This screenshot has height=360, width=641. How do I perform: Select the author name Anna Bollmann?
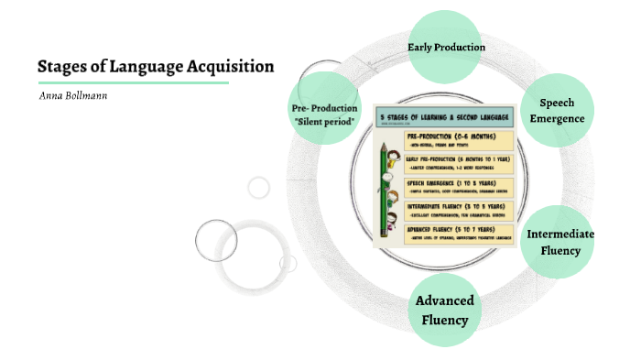point(74,94)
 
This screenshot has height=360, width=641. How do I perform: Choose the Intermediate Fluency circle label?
point(560,242)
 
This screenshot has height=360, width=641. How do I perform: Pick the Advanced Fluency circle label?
point(444,311)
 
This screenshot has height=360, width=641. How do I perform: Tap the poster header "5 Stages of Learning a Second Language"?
point(445,118)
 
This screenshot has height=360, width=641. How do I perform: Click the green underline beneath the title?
point(133,82)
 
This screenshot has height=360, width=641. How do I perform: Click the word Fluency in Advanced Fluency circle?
point(444,320)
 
